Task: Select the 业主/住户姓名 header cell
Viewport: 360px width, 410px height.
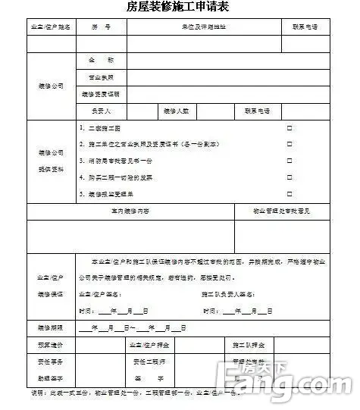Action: pyautogui.click(x=51, y=27)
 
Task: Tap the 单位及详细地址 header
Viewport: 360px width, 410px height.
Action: pyautogui.click(x=203, y=27)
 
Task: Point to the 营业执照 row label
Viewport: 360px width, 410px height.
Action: pyautogui.click(x=101, y=77)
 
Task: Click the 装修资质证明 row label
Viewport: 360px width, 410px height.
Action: pyautogui.click(x=101, y=95)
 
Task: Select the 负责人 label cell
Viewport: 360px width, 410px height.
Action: pyautogui.click(x=101, y=111)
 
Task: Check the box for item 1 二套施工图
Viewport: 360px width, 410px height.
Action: pyautogui.click(x=289, y=128)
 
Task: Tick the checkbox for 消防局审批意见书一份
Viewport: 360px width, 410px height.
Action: pyautogui.click(x=289, y=161)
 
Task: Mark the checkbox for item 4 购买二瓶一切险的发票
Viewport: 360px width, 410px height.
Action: pyautogui.click(x=289, y=177)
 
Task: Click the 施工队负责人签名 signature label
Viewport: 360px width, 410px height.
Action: pyautogui.click(x=227, y=293)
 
